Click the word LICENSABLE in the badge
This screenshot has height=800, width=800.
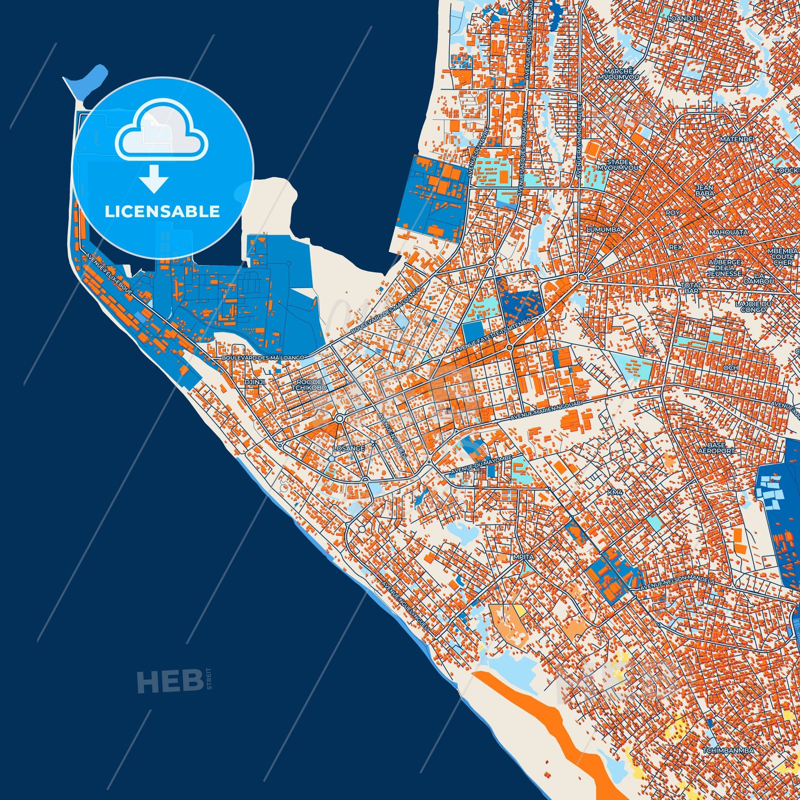click(x=162, y=212)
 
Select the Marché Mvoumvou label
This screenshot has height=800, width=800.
click(x=618, y=74)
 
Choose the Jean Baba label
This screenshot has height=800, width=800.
click(x=704, y=190)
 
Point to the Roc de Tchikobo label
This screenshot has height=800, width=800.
click(x=309, y=384)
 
